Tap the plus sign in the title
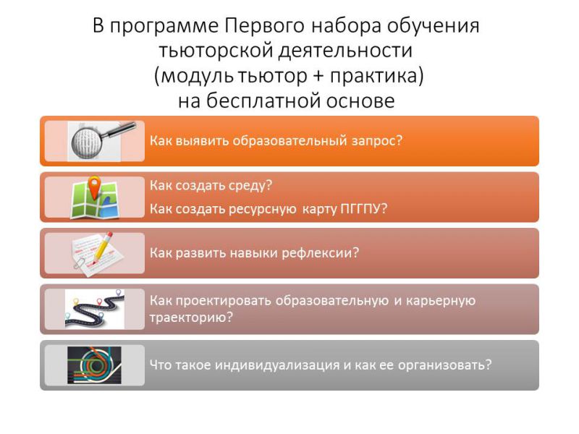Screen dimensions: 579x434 (x=318, y=76)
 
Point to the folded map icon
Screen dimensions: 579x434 (x=96, y=200)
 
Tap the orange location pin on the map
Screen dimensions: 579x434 (x=95, y=187)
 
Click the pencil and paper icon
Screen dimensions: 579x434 (x=97, y=254)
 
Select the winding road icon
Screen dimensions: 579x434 (x=95, y=310)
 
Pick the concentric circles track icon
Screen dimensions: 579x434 (x=95, y=365)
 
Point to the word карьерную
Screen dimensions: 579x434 (x=441, y=301)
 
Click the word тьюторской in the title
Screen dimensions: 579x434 (x=216, y=51)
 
